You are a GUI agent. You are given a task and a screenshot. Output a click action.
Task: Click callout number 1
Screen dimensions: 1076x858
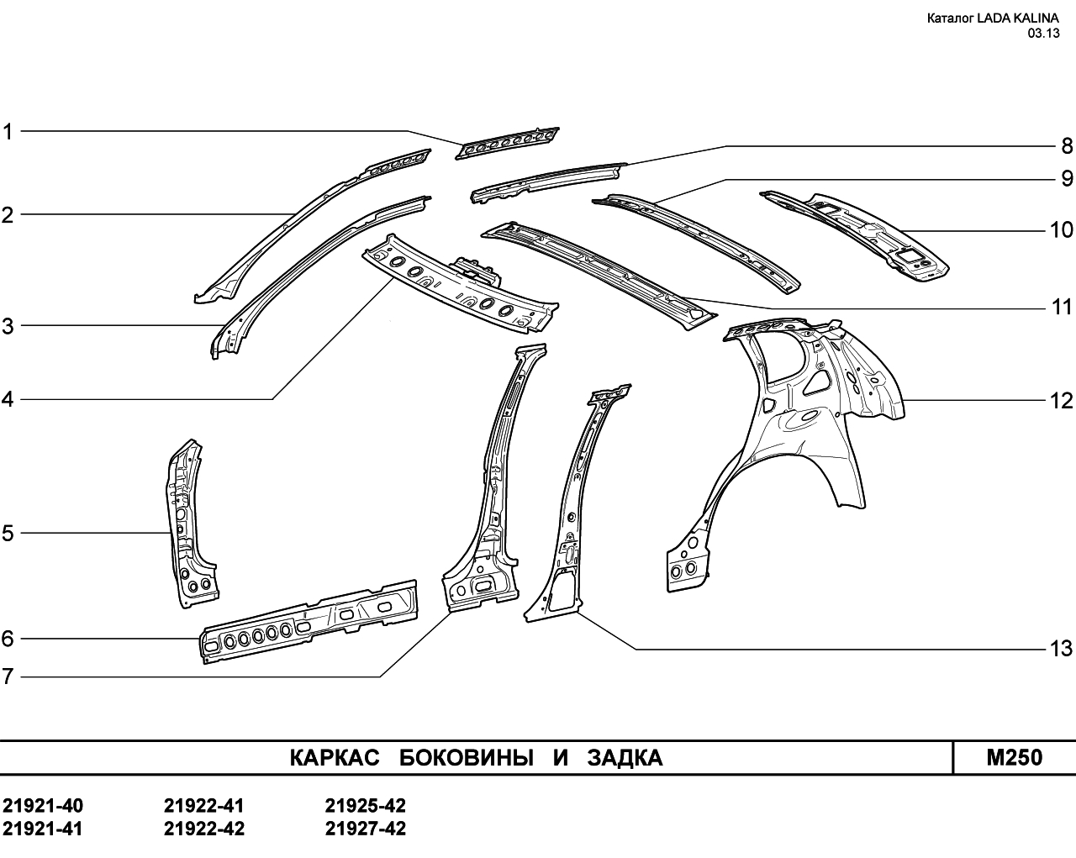point(8,132)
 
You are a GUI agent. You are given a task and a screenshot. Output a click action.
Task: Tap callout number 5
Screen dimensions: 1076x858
point(8,534)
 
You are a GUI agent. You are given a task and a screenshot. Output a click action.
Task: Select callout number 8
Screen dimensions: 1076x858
point(1067,146)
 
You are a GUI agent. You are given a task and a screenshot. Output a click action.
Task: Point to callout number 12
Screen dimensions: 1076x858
point(1061,401)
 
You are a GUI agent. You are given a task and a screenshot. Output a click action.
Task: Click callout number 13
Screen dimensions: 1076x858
point(1061,649)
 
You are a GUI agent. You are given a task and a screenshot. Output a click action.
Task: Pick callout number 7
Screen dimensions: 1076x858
point(8,676)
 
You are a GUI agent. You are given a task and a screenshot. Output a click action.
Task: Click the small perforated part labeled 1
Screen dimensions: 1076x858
point(507,144)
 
